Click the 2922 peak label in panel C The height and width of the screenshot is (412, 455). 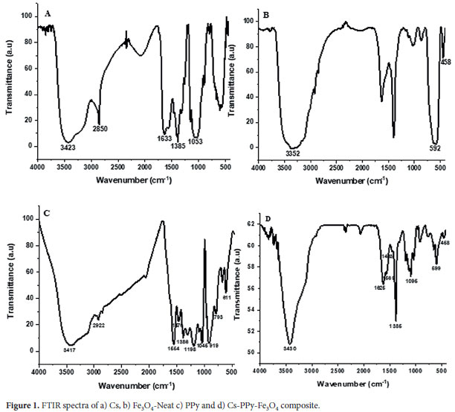[100, 326]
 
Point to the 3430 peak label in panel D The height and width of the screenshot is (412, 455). [289, 349]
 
